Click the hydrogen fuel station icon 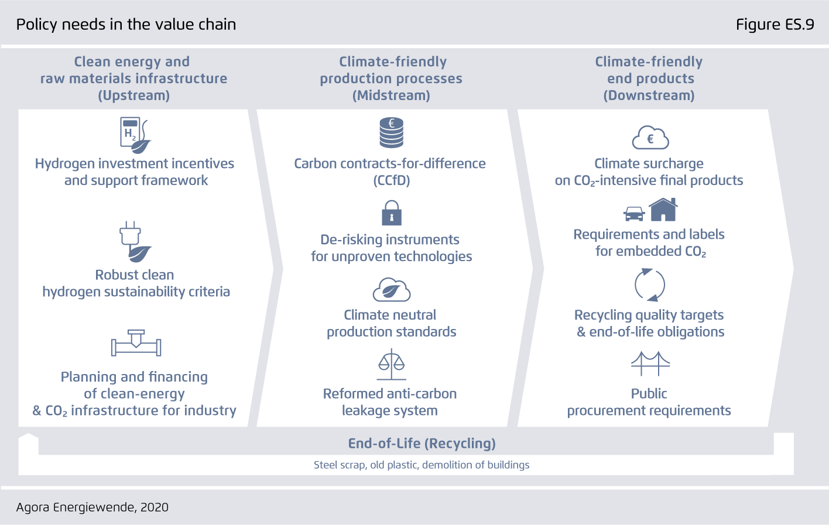135,135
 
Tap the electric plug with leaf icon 135,242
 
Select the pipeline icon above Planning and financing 136,343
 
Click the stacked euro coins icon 391,133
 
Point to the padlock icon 391,213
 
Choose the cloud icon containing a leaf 392,290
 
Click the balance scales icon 391,365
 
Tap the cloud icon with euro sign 650,138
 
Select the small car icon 634,214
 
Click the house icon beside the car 663,210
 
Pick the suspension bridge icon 650,363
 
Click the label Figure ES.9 775,25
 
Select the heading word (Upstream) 134,95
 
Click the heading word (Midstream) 391,95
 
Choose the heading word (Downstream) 649,95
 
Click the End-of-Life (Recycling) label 422,443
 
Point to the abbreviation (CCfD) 391,180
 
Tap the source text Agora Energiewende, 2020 92,507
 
